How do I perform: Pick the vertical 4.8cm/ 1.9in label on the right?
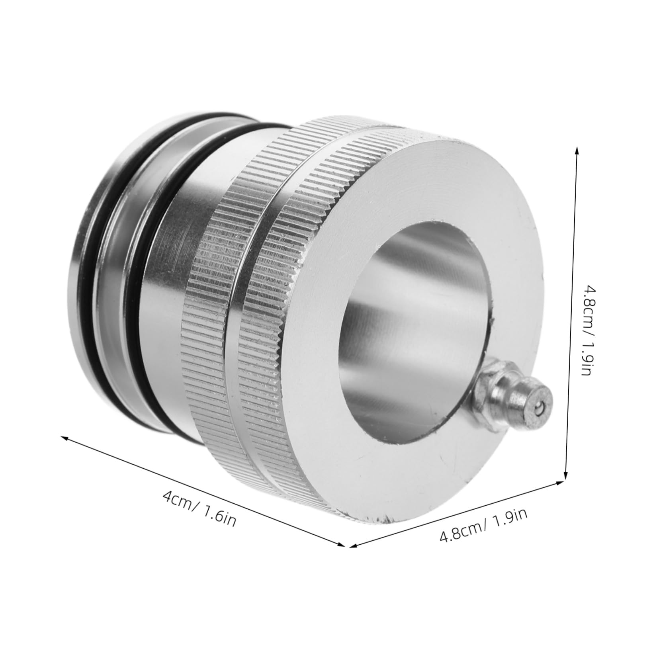coord(587,331)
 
